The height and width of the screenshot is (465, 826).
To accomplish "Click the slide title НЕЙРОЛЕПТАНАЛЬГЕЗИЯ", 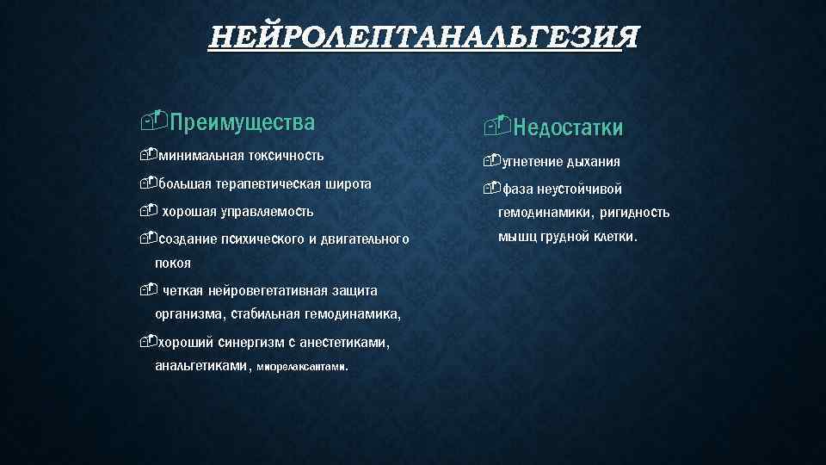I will [x=424, y=39].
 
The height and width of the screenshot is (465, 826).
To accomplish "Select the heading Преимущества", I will [x=242, y=121].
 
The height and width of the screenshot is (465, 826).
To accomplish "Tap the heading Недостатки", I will [x=568, y=128].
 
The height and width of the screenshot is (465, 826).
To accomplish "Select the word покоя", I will [x=173, y=263].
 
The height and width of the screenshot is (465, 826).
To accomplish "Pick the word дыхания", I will [x=593, y=162].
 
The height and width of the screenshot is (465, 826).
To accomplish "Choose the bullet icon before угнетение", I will [x=491, y=161].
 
